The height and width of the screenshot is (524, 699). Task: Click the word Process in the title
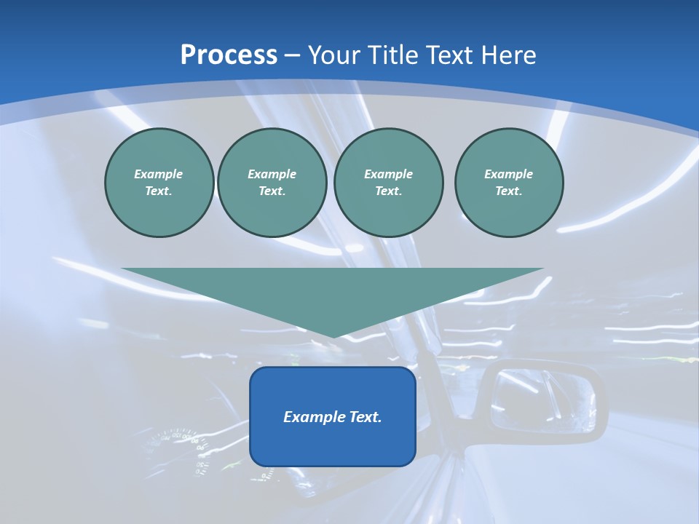229,55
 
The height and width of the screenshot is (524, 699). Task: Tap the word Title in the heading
393,55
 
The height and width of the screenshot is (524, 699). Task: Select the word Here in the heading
509,55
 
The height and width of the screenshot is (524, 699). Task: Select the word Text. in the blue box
363,417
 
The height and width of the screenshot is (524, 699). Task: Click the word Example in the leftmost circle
159,174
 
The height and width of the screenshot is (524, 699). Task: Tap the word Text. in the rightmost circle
508,191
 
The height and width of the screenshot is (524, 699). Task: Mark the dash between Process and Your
293,55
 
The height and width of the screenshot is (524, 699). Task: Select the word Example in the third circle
388,174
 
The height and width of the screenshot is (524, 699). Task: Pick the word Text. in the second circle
272,191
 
